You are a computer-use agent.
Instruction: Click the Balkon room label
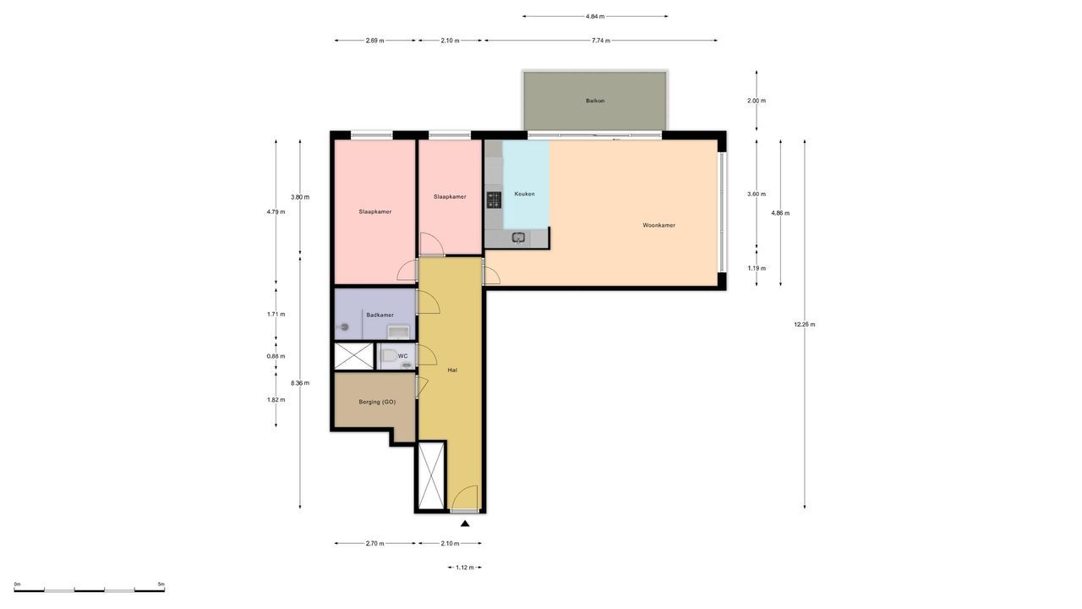595,101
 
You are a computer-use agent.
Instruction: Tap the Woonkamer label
658,225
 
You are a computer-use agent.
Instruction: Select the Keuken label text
524,194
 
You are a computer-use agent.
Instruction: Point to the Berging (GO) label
377,402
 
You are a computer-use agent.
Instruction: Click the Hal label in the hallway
453,370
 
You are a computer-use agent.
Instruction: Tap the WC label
403,356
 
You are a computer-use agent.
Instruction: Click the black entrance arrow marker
465,524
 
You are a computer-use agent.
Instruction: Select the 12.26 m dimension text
805,324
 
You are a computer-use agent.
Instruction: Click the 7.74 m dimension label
600,41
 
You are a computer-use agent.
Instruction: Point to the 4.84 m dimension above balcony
595,16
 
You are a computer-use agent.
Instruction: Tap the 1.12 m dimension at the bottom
465,568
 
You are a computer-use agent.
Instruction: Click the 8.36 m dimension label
300,383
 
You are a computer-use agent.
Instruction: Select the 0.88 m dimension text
276,356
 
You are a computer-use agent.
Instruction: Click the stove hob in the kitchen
494,200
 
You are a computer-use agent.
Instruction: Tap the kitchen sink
519,238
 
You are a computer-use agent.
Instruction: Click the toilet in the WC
389,356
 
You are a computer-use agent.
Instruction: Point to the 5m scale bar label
161,584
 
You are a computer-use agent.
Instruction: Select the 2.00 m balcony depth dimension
757,101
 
